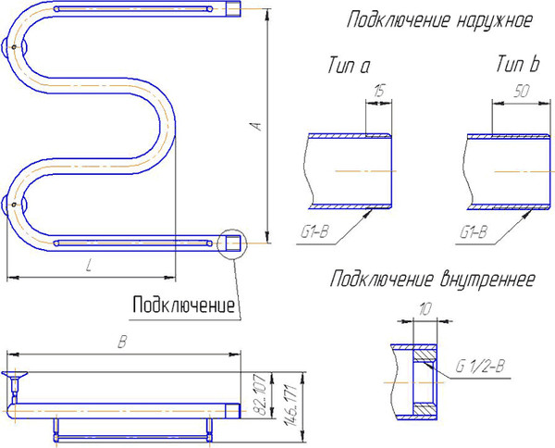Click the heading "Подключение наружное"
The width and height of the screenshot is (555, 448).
pyautogui.click(x=438, y=20)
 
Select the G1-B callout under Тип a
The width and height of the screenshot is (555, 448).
pyautogui.click(x=316, y=232)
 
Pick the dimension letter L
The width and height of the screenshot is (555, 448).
pyautogui.click(x=88, y=267)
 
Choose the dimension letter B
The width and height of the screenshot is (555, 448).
pyautogui.click(x=121, y=342)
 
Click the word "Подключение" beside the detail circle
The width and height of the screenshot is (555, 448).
pyautogui.click(x=184, y=304)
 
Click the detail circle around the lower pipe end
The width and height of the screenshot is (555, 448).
pyautogui.click(x=231, y=244)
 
